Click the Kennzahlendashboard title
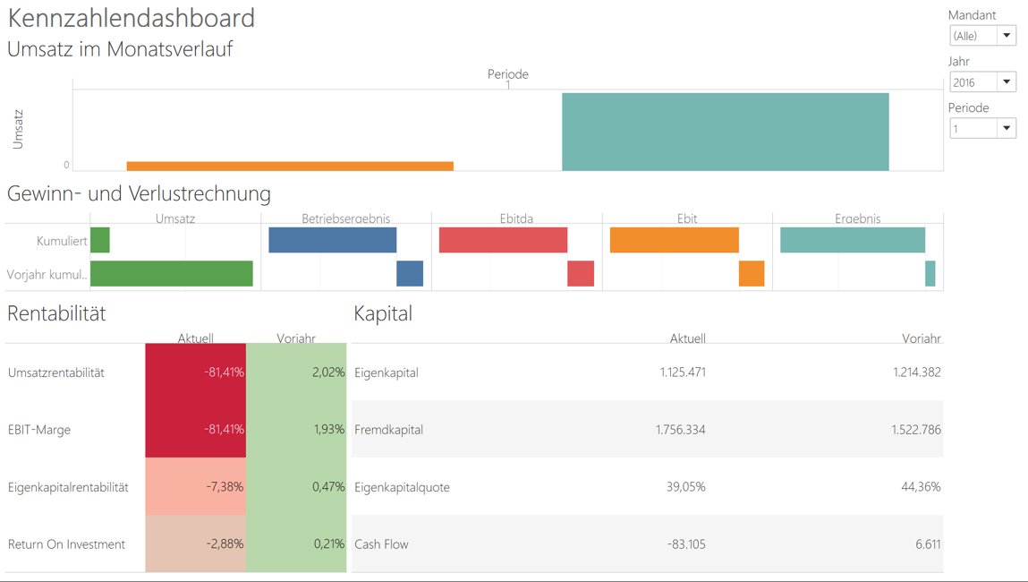pos(132,18)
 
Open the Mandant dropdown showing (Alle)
pos(982,36)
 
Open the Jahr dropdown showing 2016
pos(982,82)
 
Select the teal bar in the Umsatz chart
pos(725,131)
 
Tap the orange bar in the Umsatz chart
pos(290,166)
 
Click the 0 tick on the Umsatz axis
pos(66,165)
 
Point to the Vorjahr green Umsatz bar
pos(172,273)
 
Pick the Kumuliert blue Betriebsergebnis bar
pos(333,240)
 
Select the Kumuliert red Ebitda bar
pos(504,240)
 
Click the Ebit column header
pos(687,218)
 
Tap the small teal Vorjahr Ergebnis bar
pos(930,273)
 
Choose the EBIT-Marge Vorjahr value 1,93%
pos(329,430)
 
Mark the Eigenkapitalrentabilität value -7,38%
pos(225,487)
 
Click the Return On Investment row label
pos(67,544)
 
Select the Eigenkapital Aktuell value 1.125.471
pos(680,372)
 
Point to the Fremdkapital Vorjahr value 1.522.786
pos(916,430)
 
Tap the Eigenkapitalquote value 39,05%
pos(687,487)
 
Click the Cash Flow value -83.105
pos(684,544)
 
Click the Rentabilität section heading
pos(56,313)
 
